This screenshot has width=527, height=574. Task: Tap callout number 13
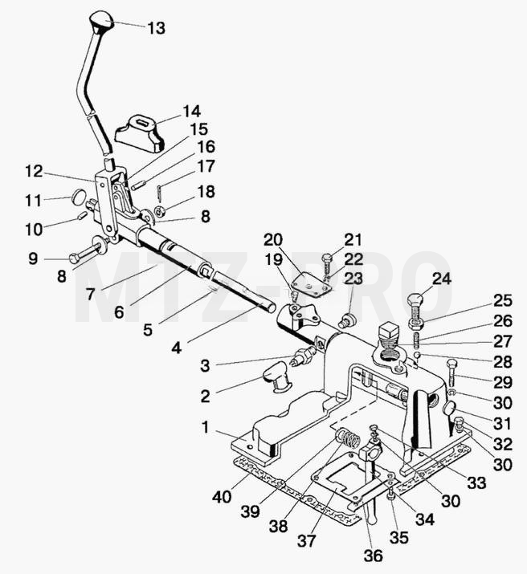coord(157,28)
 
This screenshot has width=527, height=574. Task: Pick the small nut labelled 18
coord(160,211)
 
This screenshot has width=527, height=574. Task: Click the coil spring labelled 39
coord(348,438)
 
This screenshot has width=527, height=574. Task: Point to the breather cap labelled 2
coord(277,377)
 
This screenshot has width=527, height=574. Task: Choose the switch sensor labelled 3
coord(305,356)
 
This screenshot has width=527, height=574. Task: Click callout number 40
coord(222,497)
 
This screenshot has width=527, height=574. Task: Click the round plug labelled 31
coord(450,408)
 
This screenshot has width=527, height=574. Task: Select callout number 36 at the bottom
coord(374,556)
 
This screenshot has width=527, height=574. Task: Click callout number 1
coord(205,427)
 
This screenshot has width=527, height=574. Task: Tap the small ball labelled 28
coord(417,355)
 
